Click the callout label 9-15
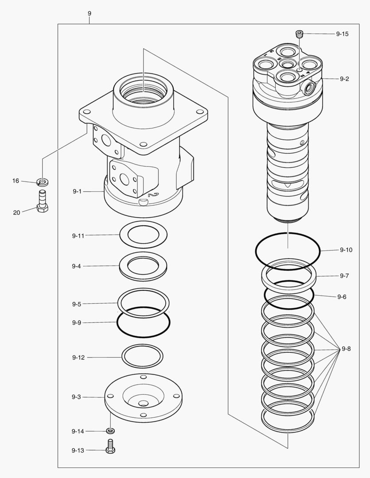pyautogui.click(x=342, y=34)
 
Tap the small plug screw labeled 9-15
pyautogui.click(x=300, y=34)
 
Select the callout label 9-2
pyautogui.click(x=344, y=79)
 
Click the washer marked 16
pyautogui.click(x=43, y=181)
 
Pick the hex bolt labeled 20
pyautogui.click(x=43, y=203)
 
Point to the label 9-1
pyautogui.click(x=77, y=191)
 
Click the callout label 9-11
pyautogui.click(x=78, y=236)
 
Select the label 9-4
pyautogui.click(x=76, y=266)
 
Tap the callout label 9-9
pyautogui.click(x=76, y=323)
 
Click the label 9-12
pyautogui.click(x=78, y=357)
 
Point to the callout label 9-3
pyautogui.click(x=76, y=397)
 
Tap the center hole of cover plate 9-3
pyautogui.click(x=143, y=404)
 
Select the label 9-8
pyautogui.click(x=346, y=349)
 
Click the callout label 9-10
pyautogui.click(x=346, y=250)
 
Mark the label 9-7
pyautogui.click(x=344, y=276)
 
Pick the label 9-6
pyautogui.click(x=342, y=297)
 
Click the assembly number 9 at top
pyautogui.click(x=90, y=14)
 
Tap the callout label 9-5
pyautogui.click(x=76, y=304)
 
